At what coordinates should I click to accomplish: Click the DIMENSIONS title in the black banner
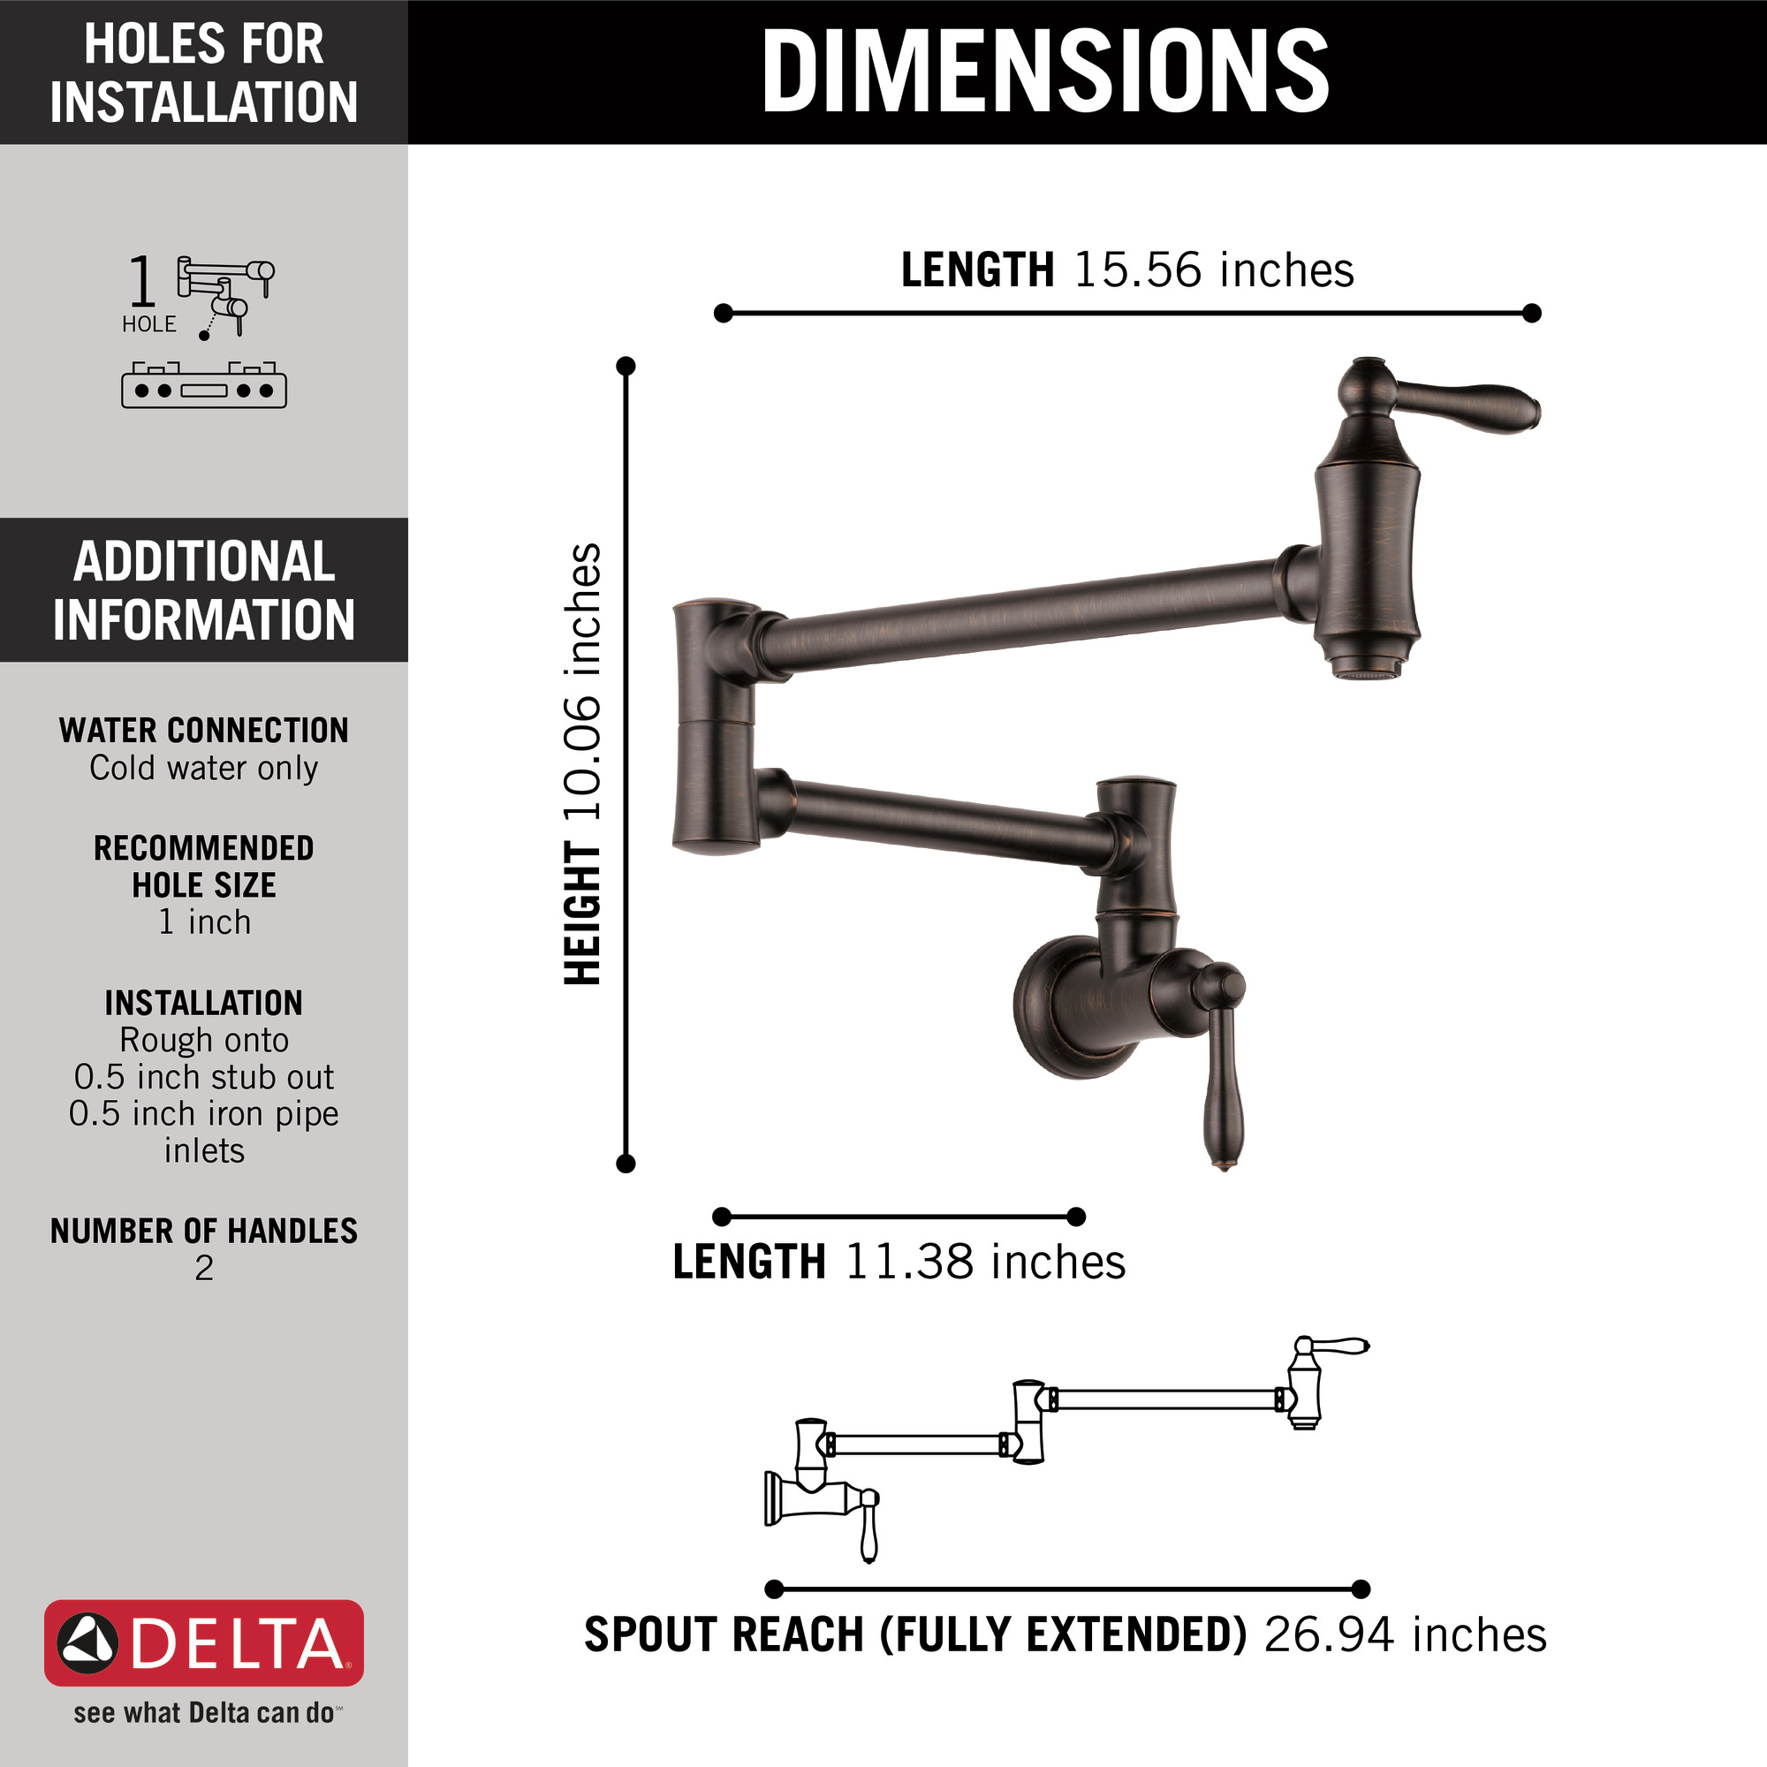click(1044, 72)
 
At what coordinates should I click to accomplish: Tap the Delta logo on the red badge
click(203, 1643)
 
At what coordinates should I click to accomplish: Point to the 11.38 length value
click(908, 1263)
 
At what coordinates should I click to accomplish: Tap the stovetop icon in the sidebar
click(204, 385)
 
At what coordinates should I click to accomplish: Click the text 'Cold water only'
click(204, 769)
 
